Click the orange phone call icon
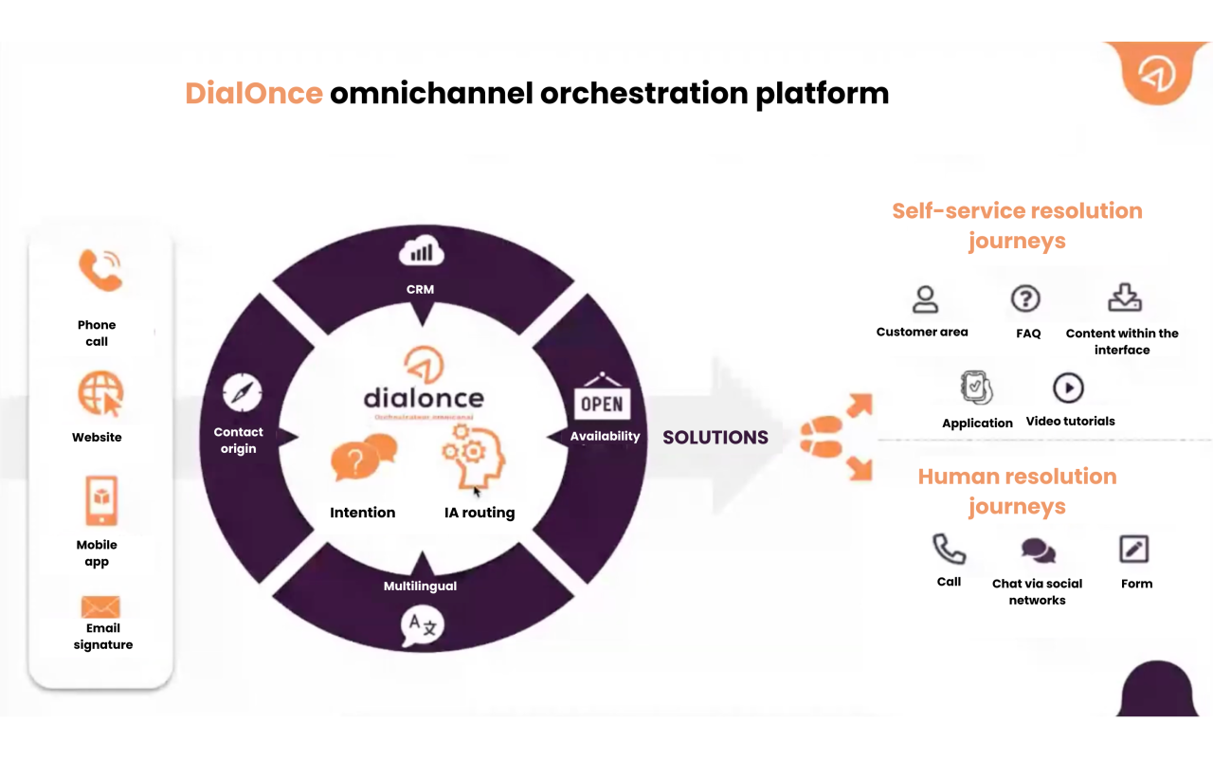pyautogui.click(x=100, y=270)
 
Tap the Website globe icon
pyautogui.click(x=100, y=394)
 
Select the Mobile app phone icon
pyautogui.click(x=100, y=500)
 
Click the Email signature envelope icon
pyautogui.click(x=100, y=606)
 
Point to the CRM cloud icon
pyautogui.click(x=421, y=253)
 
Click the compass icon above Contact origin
pyautogui.click(x=242, y=392)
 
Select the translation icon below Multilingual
pyautogui.click(x=422, y=625)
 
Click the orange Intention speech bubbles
pyautogui.click(x=363, y=457)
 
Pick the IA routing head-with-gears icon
pyautogui.click(x=474, y=457)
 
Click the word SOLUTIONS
pyautogui.click(x=715, y=438)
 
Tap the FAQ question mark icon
pyautogui.click(x=1025, y=299)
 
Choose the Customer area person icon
pyautogui.click(x=924, y=299)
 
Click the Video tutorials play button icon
pyautogui.click(x=1068, y=388)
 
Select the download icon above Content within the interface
pyautogui.click(x=1125, y=298)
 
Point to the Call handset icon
pyautogui.click(x=949, y=549)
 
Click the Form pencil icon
pyautogui.click(x=1134, y=549)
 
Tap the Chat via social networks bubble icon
pyautogui.click(x=1038, y=550)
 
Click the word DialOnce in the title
pyautogui.click(x=254, y=94)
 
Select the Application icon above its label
pyautogui.click(x=976, y=388)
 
